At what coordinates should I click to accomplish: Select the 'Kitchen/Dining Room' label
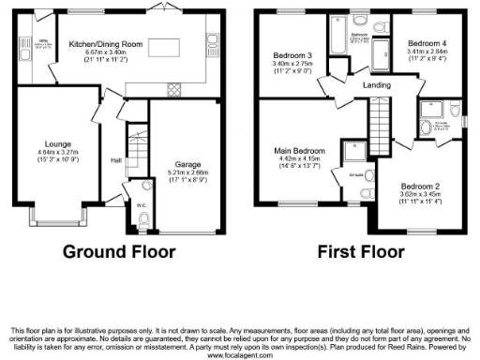pyautogui.click(x=105, y=43)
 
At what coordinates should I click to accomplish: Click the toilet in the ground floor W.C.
pyautogui.click(x=142, y=220)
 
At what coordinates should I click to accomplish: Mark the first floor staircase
pyautogui.click(x=378, y=121)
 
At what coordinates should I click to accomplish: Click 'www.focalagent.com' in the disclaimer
pyautogui.click(x=240, y=356)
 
